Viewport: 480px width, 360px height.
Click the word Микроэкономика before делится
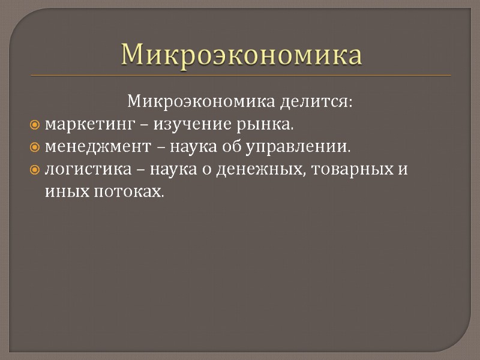(x=200, y=102)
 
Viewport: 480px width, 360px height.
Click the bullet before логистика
(x=34, y=170)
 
